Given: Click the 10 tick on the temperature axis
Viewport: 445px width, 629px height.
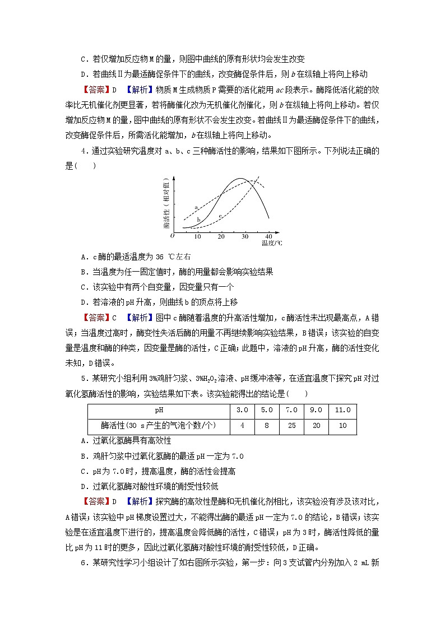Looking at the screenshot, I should click(x=197, y=236).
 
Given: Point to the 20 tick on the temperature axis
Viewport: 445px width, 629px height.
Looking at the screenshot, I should click(x=221, y=236).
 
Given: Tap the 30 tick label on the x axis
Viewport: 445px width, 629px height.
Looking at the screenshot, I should click(x=245, y=236).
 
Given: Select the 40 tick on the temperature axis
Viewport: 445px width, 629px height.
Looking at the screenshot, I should click(x=268, y=236).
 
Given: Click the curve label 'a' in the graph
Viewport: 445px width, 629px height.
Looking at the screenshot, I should click(x=196, y=207).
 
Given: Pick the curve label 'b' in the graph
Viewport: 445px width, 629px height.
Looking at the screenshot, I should click(x=198, y=219).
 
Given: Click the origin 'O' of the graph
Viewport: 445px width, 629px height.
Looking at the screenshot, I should click(x=172, y=236).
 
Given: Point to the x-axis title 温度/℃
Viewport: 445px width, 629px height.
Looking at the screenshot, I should click(x=272, y=243).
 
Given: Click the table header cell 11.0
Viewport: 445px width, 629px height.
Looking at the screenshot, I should click(x=342, y=410).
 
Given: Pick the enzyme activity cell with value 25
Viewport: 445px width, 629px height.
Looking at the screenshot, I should click(x=291, y=425).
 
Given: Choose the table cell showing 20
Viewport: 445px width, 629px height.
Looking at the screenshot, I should click(x=316, y=425).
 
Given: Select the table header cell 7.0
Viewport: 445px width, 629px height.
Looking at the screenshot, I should click(x=291, y=410).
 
